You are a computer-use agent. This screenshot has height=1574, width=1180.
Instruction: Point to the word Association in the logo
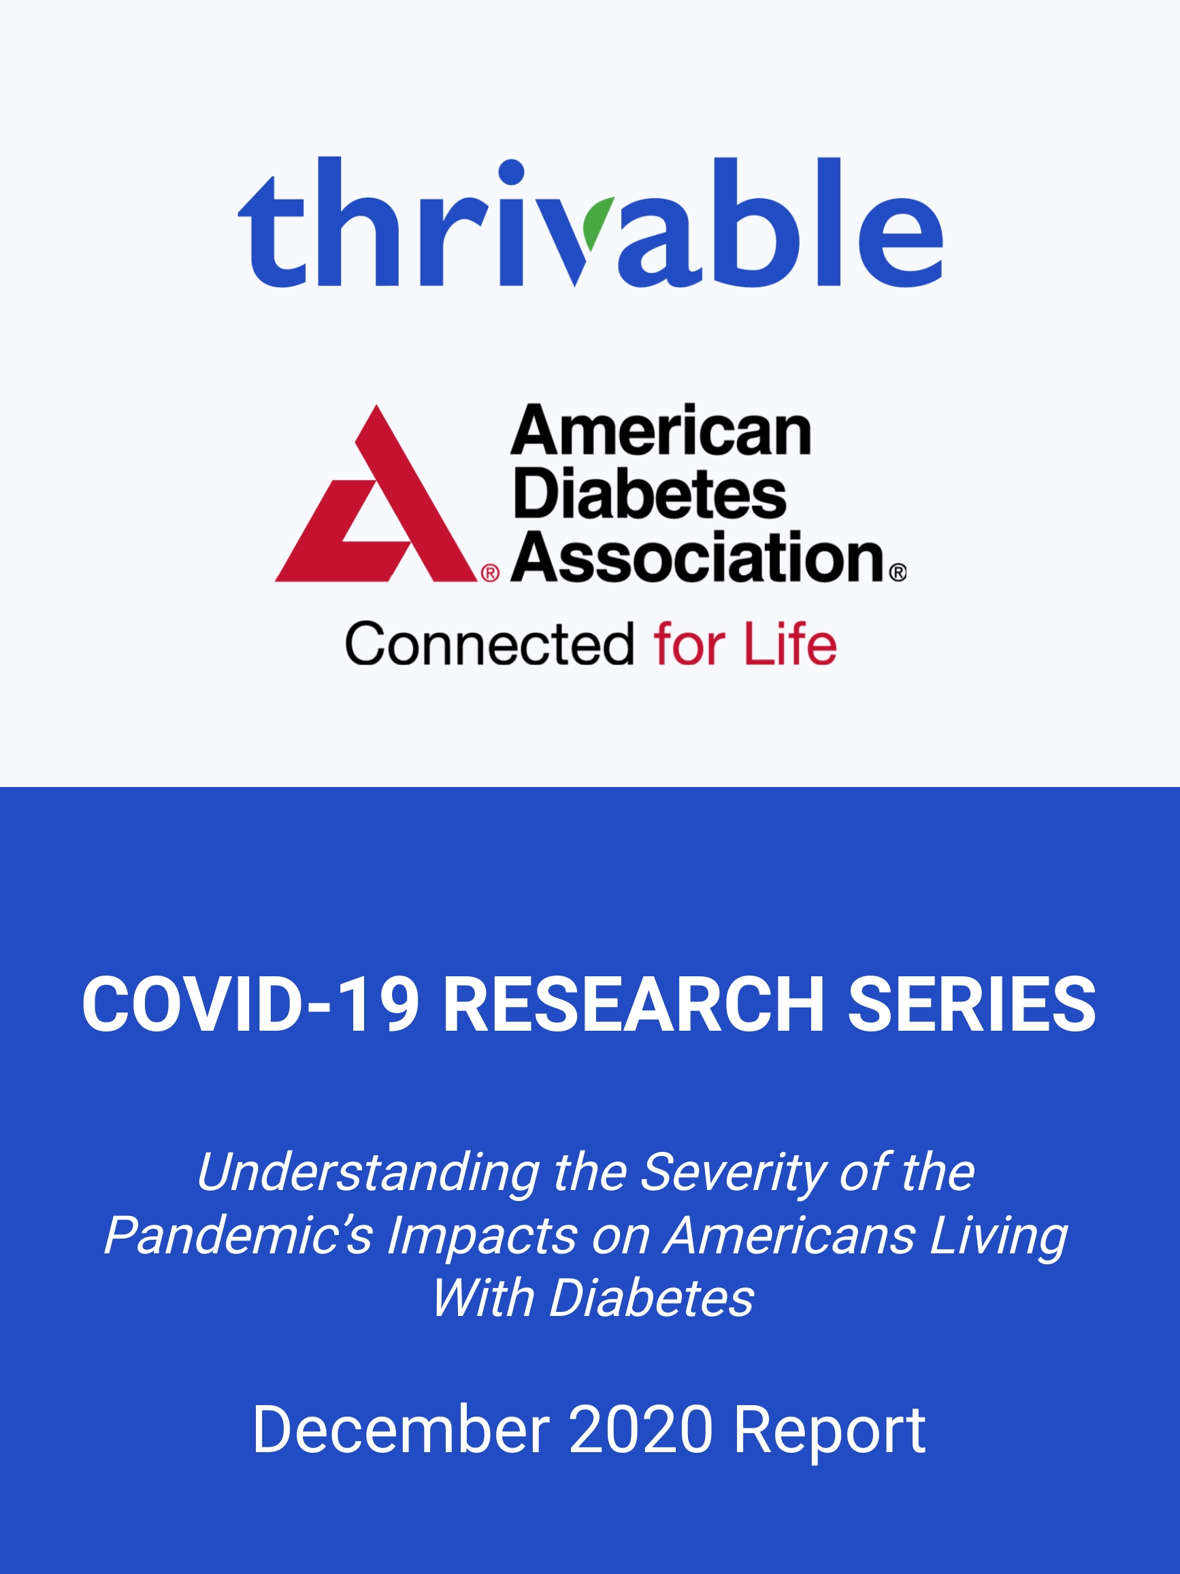[698, 557]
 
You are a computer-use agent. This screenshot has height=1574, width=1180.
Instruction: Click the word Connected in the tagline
[489, 644]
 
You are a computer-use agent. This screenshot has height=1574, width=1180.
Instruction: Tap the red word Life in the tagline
[790, 643]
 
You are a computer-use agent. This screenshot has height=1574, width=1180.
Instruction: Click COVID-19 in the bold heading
[250, 1003]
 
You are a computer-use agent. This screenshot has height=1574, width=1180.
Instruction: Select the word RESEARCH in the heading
[634, 1003]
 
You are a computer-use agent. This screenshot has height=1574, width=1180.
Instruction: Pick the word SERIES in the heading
[972, 1003]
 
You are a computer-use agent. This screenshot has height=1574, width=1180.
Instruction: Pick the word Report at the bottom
[830, 1432]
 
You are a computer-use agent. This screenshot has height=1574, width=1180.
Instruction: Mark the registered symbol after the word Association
[898, 572]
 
